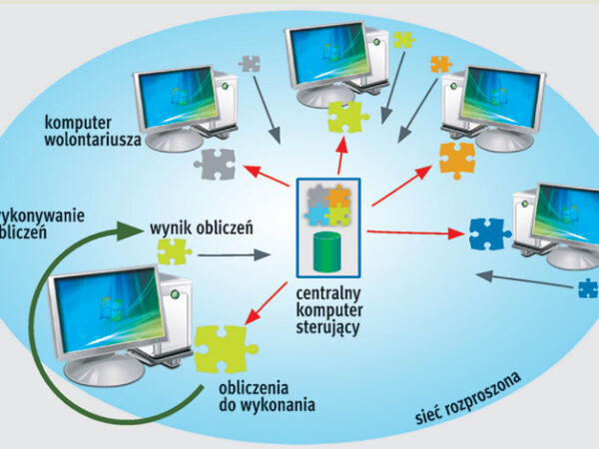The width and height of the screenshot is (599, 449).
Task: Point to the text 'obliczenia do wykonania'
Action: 253,396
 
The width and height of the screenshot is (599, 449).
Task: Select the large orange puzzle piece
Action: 456,159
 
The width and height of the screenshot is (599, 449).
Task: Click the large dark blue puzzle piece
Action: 490,234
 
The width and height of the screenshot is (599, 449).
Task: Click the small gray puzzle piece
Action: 250,64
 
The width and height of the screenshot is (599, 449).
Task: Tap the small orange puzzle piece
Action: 440,64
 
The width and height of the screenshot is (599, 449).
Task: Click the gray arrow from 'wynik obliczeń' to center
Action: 234,254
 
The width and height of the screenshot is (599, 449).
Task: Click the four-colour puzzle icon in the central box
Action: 328,205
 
